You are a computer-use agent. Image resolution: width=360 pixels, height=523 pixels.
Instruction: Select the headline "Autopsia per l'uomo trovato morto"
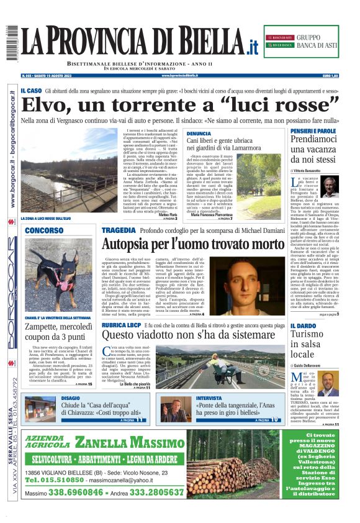pyautogui.click(x=185, y=243)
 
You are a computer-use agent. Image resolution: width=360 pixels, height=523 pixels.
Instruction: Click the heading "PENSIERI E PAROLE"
pyautogui.click(x=313, y=131)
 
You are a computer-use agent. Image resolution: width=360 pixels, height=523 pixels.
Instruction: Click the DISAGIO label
pyautogui.click(x=71, y=398)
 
